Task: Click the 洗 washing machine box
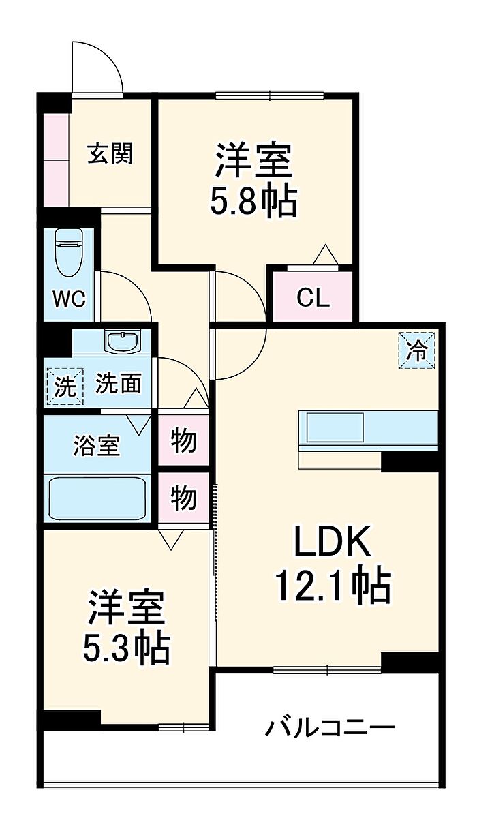pos(65,387)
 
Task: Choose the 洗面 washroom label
pos(119,384)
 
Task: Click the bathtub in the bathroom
pos(98,497)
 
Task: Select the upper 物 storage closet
pos(183,442)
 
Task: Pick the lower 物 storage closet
pos(183,498)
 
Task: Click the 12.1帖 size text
pos(333,585)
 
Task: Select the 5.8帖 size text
pos(253,201)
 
